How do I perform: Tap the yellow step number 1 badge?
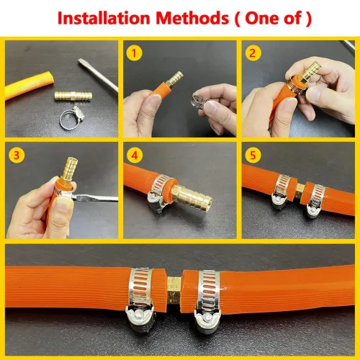133,53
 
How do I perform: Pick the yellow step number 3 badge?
16,153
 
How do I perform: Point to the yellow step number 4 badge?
133,153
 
